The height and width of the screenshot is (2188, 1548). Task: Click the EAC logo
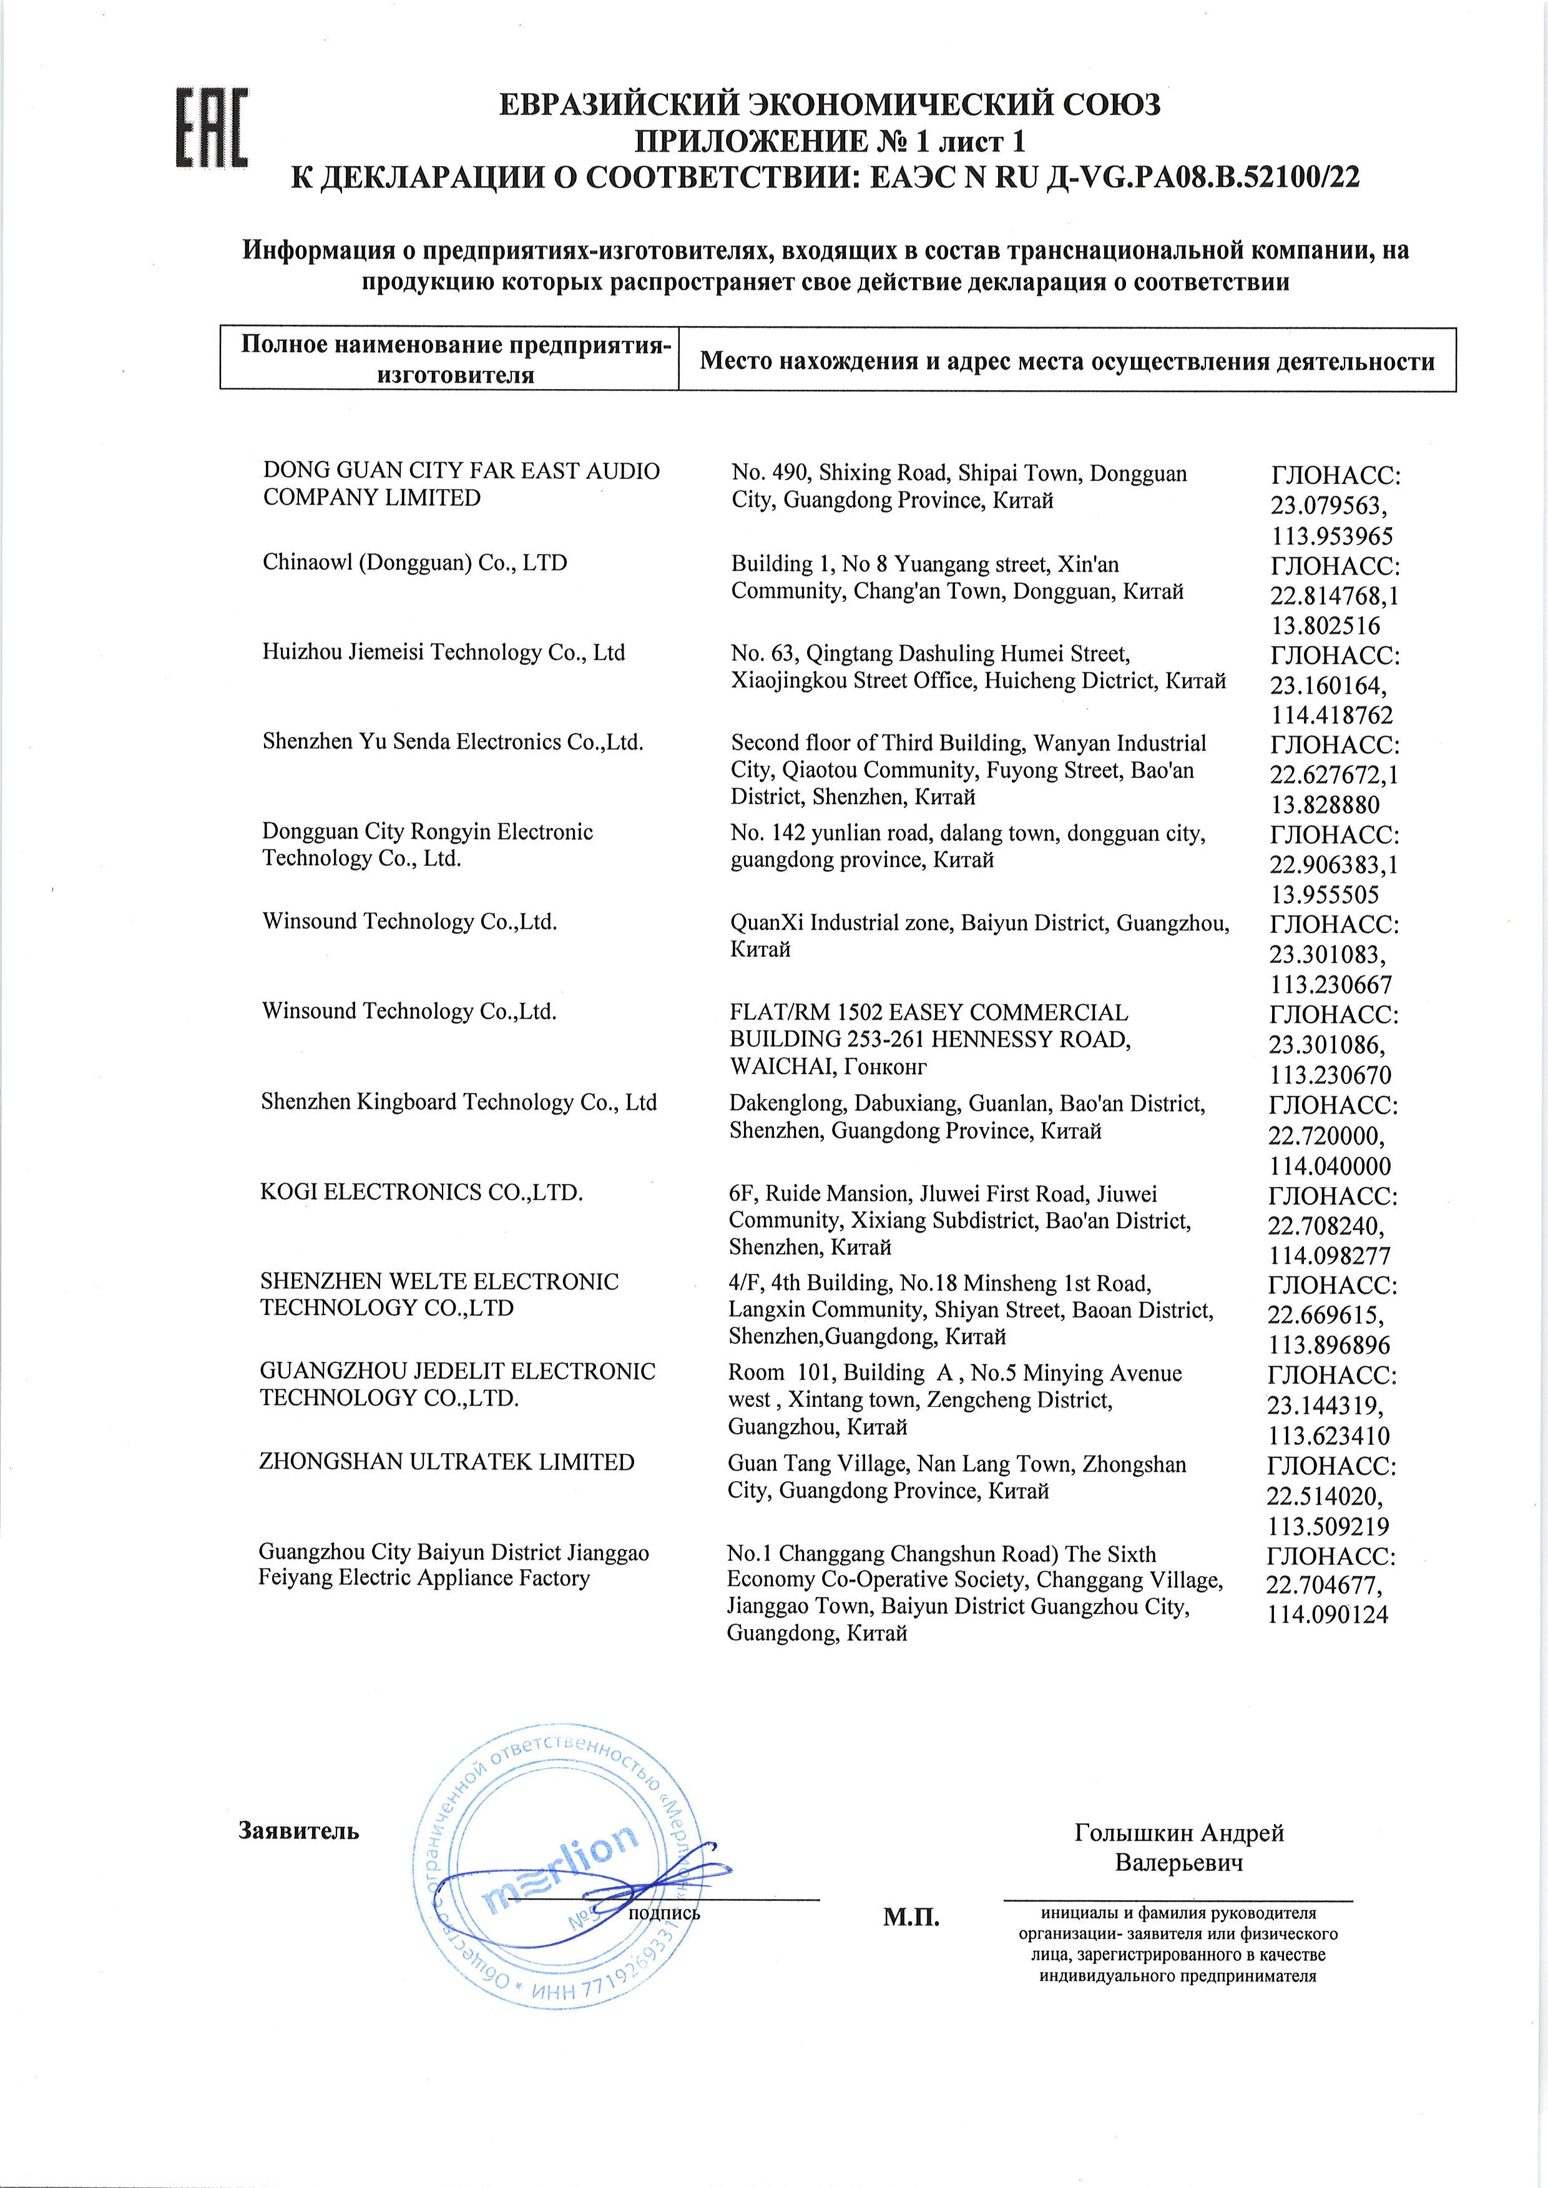pyautogui.click(x=212, y=128)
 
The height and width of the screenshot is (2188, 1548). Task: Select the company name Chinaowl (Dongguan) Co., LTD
pyautogui.click(x=414, y=563)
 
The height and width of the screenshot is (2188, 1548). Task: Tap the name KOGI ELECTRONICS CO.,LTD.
pyautogui.click(x=421, y=1193)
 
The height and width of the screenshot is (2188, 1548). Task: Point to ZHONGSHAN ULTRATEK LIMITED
pyautogui.click(x=446, y=1462)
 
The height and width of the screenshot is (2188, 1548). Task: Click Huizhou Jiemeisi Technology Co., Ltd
pyautogui.click(x=443, y=653)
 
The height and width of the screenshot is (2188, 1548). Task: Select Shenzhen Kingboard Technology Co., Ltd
pyautogui.click(x=459, y=1103)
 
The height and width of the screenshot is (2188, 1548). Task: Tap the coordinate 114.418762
pyautogui.click(x=1331, y=715)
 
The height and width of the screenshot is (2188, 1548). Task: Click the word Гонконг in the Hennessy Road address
pyautogui.click(x=884, y=1067)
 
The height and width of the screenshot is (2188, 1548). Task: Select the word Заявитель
pyautogui.click(x=298, y=1831)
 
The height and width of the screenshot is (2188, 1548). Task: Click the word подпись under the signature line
pyautogui.click(x=664, y=1913)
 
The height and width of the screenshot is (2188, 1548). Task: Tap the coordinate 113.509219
pyautogui.click(x=1327, y=1526)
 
